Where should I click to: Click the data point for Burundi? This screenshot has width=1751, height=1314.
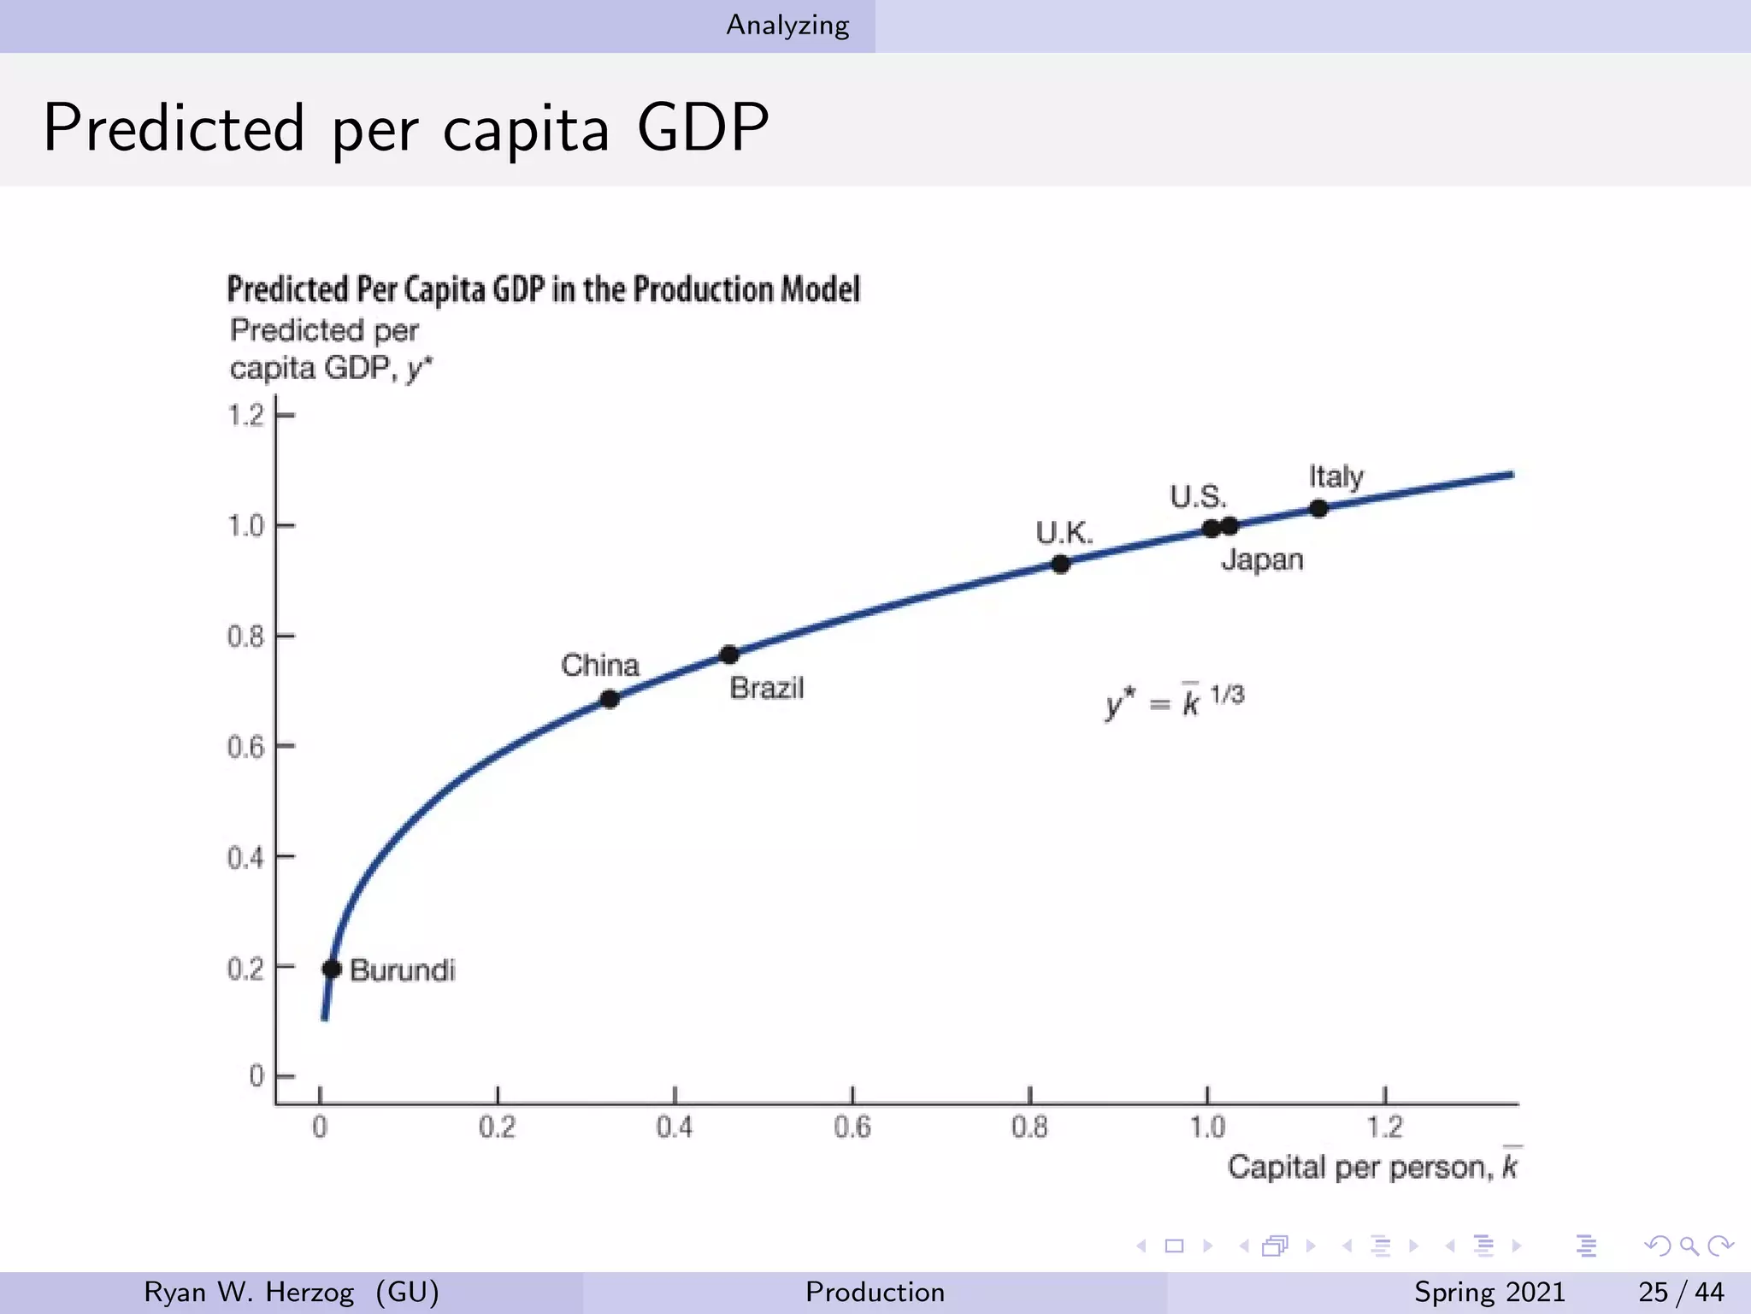(332, 968)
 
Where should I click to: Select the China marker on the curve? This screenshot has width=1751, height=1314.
(609, 699)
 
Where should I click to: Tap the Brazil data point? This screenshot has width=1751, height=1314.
(728, 654)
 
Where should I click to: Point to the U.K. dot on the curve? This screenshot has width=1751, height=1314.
(1060, 564)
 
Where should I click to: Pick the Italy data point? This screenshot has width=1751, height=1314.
(1318, 508)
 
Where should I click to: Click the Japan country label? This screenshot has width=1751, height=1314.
(1262, 559)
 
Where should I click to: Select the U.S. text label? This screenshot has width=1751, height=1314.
(1198, 496)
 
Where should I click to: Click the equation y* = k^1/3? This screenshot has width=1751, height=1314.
(1175, 700)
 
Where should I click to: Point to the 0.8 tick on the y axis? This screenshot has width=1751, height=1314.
(246, 636)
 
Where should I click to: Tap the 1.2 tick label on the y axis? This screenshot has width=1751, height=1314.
(246, 416)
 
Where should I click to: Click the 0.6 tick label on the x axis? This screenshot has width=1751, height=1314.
(852, 1127)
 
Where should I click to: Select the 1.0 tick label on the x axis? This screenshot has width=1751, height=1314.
(1207, 1127)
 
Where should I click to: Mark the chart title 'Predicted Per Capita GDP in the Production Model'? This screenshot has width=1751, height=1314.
(543, 289)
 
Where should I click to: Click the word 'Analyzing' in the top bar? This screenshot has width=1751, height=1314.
(787, 26)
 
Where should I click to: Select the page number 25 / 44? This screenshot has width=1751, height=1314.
(1681, 1292)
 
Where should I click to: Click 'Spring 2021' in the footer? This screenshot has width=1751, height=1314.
(1489, 1292)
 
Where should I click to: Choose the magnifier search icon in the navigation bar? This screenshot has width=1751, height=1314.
(1689, 1246)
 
